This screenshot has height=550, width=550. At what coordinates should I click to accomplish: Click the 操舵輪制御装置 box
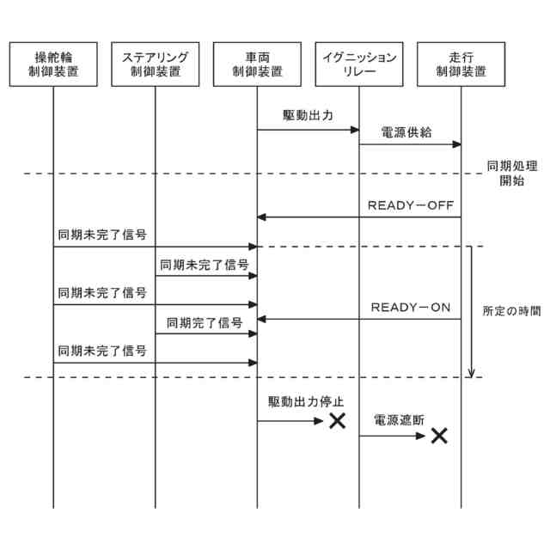[x=52, y=64]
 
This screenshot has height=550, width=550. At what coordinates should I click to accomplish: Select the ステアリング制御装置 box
[x=156, y=64]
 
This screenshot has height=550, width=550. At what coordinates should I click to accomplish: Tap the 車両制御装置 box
[x=258, y=64]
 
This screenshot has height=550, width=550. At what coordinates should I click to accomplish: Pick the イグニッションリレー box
[x=359, y=64]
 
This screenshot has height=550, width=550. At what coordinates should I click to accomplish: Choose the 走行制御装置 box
[x=461, y=64]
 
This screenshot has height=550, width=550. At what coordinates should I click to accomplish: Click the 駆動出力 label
[x=308, y=115]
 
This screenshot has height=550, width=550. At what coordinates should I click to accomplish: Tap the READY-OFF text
[x=411, y=205]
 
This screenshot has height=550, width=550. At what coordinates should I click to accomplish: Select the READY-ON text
[x=411, y=307]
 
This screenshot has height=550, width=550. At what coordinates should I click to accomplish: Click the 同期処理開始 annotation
[x=505, y=174]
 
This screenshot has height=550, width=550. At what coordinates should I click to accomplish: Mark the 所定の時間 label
[x=511, y=311]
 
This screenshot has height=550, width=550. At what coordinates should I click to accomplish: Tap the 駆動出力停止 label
[x=306, y=401]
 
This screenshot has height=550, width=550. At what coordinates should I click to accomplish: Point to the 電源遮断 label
[x=400, y=420]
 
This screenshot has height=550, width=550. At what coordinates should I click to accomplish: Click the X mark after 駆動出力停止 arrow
[x=337, y=421]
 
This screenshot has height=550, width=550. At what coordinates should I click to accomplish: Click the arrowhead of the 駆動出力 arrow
[x=354, y=130]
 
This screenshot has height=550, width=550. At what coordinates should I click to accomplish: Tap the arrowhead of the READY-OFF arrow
[x=262, y=217]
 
